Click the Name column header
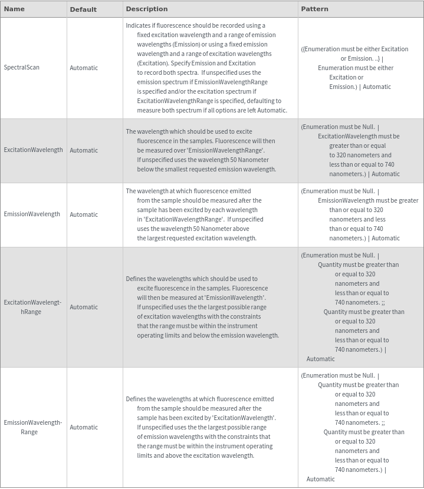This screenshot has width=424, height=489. (14, 9)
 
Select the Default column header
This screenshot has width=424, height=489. (83, 9)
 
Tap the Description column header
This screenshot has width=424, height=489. (147, 9)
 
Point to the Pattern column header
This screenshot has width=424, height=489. (314, 9)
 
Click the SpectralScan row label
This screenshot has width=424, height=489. (22, 67)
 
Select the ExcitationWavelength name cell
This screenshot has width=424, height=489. (33, 150)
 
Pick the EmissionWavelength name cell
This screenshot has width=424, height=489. (32, 214)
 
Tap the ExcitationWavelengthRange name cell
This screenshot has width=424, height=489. (32, 307)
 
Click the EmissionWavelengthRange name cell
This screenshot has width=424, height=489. (32, 427)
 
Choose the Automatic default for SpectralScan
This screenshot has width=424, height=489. (84, 68)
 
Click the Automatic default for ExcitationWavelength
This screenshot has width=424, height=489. (84, 150)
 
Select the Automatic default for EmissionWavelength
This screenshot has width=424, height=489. (84, 214)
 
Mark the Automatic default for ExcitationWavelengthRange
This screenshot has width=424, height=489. (84, 307)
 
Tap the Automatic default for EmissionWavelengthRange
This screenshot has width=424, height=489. (84, 427)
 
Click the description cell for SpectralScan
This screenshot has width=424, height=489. (206, 68)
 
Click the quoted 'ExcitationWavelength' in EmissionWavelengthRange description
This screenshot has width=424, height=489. (243, 418)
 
